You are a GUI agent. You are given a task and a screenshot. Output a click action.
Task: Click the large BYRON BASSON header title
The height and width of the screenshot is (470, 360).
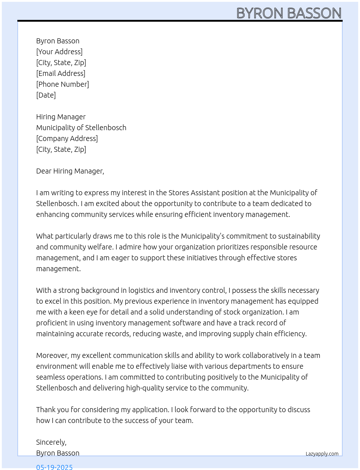(x=289, y=13)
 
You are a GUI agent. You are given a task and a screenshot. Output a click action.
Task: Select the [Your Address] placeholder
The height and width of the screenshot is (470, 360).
(x=59, y=52)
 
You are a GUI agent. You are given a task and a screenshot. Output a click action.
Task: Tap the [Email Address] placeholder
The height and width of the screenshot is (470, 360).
(x=61, y=73)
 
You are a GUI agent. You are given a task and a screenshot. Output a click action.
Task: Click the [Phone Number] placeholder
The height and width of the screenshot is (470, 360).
(x=63, y=84)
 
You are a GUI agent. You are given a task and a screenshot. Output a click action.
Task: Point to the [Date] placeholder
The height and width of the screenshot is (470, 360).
(x=46, y=95)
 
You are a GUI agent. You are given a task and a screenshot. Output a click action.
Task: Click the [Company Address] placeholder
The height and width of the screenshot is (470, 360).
(x=67, y=138)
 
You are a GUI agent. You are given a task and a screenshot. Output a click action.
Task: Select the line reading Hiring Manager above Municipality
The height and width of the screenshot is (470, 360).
(x=61, y=117)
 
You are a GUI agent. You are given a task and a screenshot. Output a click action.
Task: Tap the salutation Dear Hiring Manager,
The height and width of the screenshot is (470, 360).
(x=70, y=171)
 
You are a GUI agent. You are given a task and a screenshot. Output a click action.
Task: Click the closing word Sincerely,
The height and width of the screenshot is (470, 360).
(x=51, y=442)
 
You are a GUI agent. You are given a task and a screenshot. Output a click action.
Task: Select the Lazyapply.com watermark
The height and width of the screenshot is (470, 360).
(x=322, y=454)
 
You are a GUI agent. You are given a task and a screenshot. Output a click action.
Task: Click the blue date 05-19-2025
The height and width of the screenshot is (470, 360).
(x=54, y=467)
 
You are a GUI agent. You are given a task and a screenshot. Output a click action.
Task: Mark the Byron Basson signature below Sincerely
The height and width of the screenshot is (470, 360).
(x=58, y=453)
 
